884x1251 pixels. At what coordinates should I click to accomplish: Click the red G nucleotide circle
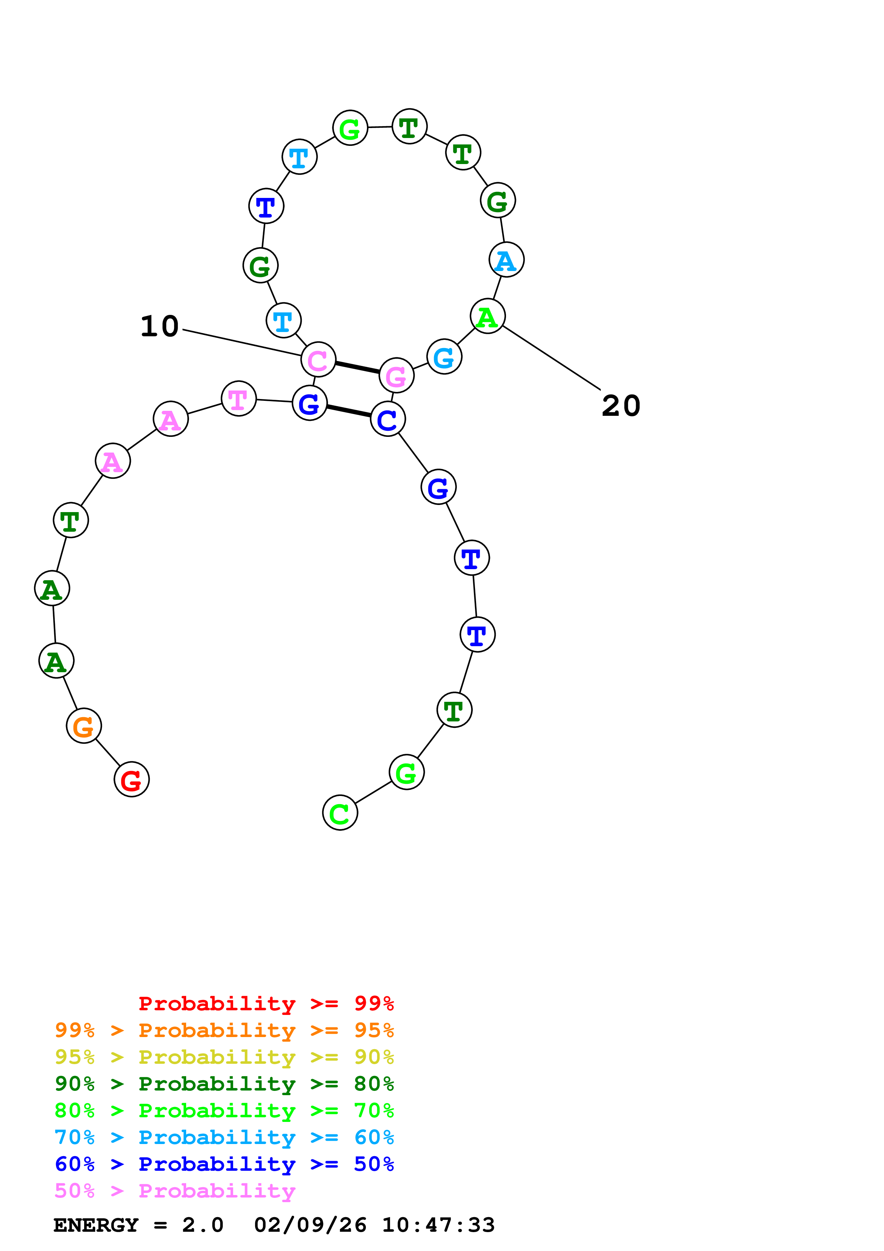click(x=131, y=779)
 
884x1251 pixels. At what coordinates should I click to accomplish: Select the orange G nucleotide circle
click(x=83, y=726)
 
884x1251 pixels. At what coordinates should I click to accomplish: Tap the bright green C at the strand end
click(x=340, y=812)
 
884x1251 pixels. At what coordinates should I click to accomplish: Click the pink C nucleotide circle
click(x=318, y=359)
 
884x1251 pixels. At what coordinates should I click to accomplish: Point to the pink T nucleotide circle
click(x=239, y=398)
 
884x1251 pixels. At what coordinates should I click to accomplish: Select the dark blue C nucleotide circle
click(x=388, y=419)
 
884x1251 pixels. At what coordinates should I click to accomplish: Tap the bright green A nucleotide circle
click(x=487, y=316)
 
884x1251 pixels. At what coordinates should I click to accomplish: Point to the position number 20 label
click(x=621, y=406)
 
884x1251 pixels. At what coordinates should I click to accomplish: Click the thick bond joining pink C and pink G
click(x=357, y=368)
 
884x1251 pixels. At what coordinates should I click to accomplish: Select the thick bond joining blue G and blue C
click(x=349, y=412)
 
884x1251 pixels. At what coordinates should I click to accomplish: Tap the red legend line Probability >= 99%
click(x=266, y=1004)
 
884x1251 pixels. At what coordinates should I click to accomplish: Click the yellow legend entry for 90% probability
click(x=224, y=1057)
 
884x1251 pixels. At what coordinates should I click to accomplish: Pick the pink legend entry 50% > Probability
click(x=174, y=1190)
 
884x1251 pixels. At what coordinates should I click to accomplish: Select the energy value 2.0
click(x=203, y=1225)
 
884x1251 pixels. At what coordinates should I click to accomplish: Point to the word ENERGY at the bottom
click(x=96, y=1225)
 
